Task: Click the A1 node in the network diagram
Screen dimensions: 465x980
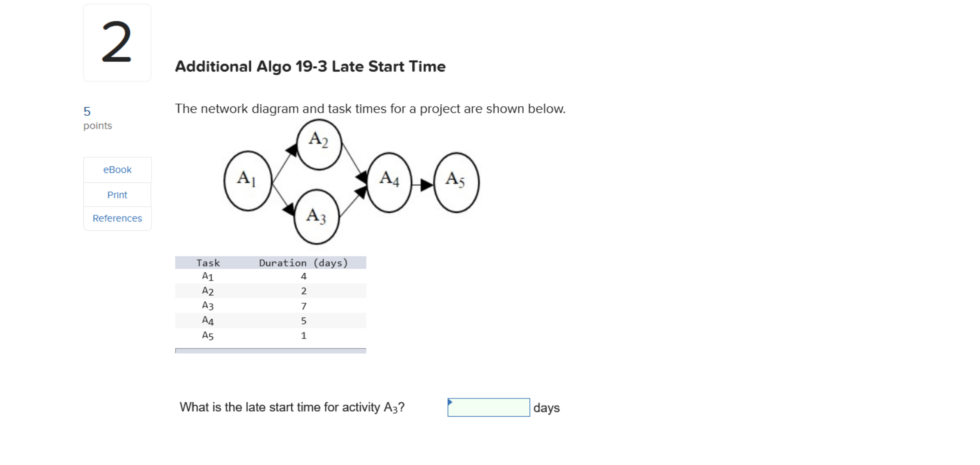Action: (x=248, y=181)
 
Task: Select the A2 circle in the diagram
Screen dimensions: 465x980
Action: (x=319, y=144)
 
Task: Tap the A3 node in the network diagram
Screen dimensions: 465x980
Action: (x=317, y=217)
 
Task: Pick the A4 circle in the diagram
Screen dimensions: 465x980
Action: (x=389, y=182)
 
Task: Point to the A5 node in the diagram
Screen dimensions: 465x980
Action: (x=456, y=182)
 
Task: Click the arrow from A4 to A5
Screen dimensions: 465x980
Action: (x=423, y=185)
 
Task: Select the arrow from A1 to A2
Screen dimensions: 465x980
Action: (x=284, y=163)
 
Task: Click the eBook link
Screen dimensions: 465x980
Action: (x=117, y=170)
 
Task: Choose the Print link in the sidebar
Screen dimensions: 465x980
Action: (x=117, y=195)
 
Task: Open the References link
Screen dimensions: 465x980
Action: (x=117, y=218)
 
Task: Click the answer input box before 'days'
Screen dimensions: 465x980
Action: (x=488, y=407)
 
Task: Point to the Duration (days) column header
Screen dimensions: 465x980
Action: (x=303, y=263)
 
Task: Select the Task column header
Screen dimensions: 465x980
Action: (x=208, y=263)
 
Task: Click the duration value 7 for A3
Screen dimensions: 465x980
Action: (x=304, y=306)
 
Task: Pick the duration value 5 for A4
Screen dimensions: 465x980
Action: (x=304, y=321)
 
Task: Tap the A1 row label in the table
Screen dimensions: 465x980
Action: (x=207, y=276)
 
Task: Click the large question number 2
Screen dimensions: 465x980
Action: (x=117, y=42)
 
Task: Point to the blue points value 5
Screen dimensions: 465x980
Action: (x=87, y=111)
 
